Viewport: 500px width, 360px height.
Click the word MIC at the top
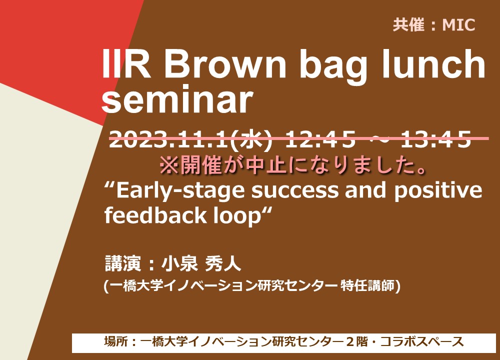(x=459, y=25)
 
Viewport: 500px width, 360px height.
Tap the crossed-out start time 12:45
(x=320, y=139)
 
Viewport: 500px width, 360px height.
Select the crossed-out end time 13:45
(x=436, y=139)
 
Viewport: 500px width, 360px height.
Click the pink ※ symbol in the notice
(x=169, y=166)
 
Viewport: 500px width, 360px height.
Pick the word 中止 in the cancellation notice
(x=266, y=166)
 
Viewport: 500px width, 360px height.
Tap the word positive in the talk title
(x=438, y=190)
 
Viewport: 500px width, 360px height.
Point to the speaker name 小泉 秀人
(x=201, y=263)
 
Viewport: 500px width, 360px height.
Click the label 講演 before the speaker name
(x=123, y=263)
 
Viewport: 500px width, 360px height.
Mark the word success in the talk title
(x=295, y=190)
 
